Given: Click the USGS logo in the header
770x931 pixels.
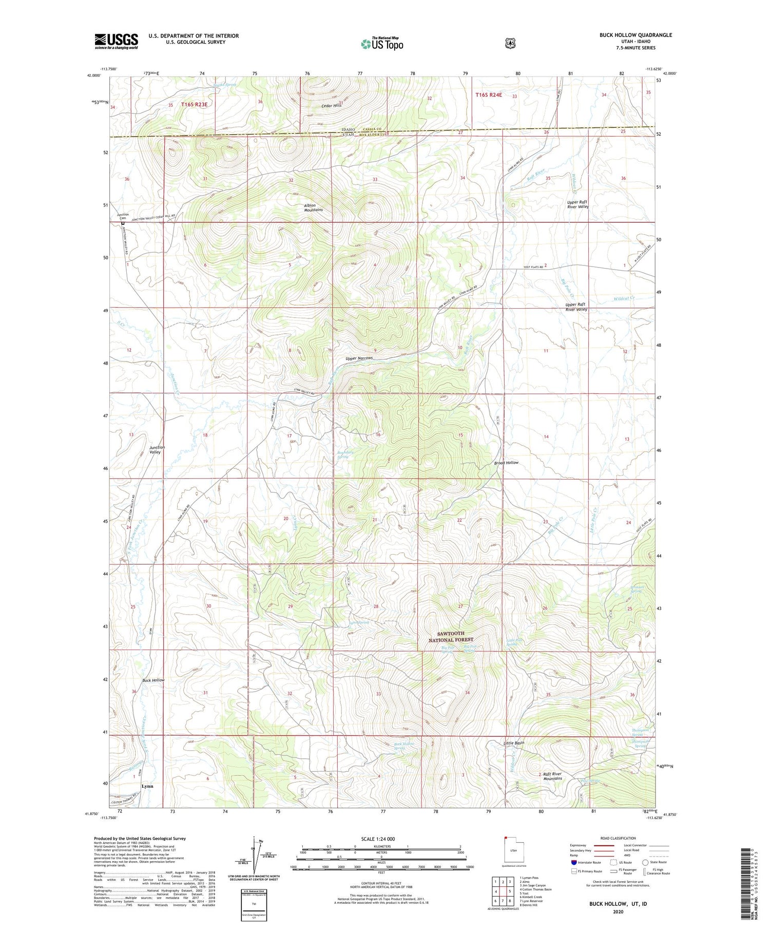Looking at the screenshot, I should [116, 41].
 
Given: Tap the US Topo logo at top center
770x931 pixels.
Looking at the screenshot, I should [382, 44].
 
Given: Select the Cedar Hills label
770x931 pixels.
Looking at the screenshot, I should [331, 106].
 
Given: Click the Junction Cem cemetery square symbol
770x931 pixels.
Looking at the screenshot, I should [123, 223].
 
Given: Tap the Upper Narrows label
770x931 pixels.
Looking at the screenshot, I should [359, 358].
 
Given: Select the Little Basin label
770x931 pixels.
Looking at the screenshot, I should [514, 743].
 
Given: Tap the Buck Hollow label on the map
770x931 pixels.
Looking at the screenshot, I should [154, 680].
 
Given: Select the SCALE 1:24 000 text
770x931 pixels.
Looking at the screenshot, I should [381, 839].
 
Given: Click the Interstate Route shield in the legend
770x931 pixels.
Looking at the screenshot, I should [574, 862].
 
